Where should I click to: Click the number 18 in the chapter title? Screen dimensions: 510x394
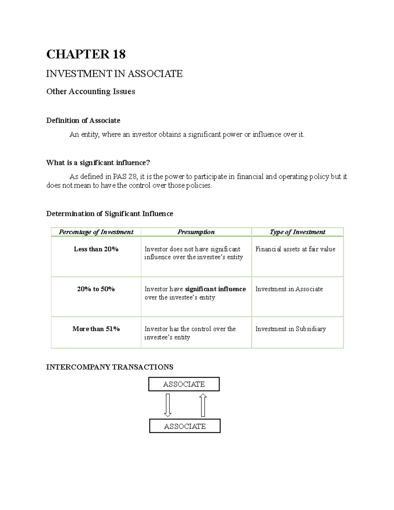119,54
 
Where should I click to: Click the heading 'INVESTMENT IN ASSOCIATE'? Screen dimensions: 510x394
114,74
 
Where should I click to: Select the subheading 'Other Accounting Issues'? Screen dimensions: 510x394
91,91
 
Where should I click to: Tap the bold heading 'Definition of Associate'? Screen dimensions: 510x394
83,121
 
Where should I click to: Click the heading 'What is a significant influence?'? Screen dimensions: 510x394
98,163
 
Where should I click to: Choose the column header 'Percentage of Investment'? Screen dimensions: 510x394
96,232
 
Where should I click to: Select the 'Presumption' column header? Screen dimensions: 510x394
196,232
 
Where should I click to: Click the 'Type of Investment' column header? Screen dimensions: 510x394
297,232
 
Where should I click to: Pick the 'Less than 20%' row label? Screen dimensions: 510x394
96,249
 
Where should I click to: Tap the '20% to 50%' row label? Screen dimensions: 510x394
96,289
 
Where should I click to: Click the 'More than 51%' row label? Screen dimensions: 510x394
96,329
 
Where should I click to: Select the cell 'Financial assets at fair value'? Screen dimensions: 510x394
295,249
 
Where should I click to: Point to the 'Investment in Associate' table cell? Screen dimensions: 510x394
289,289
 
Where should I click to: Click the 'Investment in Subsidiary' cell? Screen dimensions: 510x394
291,329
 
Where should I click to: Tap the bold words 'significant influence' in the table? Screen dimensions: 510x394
215,289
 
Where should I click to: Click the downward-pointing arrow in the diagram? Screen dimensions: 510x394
168,405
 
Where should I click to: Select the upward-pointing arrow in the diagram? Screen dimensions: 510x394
203,405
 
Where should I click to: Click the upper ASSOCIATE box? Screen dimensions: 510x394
184,384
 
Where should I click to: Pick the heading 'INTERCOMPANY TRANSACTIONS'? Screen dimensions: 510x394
110,367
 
